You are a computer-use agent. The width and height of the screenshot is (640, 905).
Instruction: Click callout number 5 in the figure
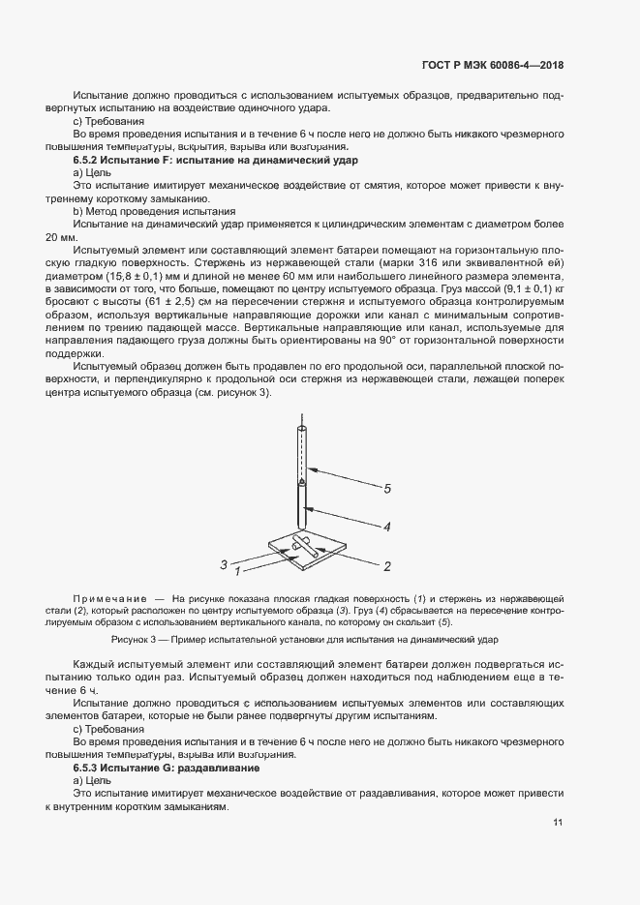[x=386, y=490]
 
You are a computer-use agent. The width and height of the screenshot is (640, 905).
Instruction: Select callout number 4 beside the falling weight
[x=385, y=528]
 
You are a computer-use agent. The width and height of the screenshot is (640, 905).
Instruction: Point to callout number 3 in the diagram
[x=224, y=563]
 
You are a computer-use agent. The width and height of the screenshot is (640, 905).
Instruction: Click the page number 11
[x=558, y=823]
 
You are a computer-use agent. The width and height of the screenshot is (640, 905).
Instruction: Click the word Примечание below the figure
[x=109, y=600]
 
